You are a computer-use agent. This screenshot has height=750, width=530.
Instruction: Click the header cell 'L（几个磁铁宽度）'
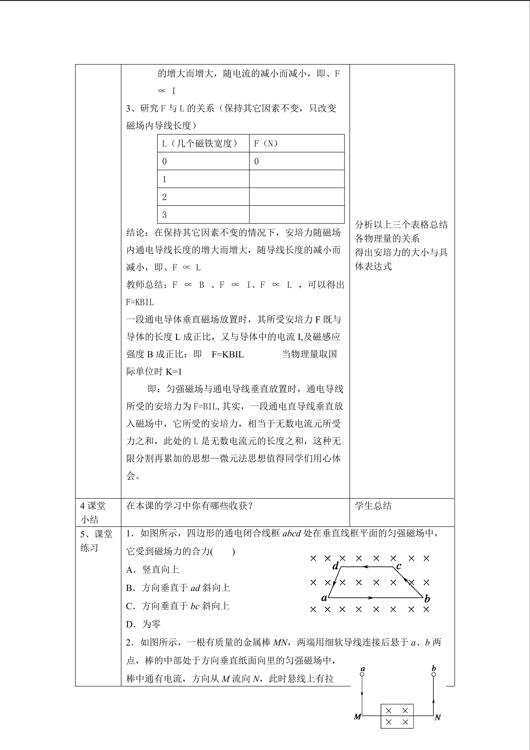coord(203,143)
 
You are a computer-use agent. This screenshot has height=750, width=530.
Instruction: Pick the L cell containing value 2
coord(203,197)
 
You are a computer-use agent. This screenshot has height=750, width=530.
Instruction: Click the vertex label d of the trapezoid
coord(335,566)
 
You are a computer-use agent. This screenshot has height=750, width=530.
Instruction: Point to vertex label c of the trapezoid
coord(398,566)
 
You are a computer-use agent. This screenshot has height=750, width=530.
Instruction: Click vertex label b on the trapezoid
coord(427,599)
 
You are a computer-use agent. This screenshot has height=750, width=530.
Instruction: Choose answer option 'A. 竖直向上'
coord(152,570)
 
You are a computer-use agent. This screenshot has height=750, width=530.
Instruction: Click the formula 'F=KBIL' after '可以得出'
coord(140,302)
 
